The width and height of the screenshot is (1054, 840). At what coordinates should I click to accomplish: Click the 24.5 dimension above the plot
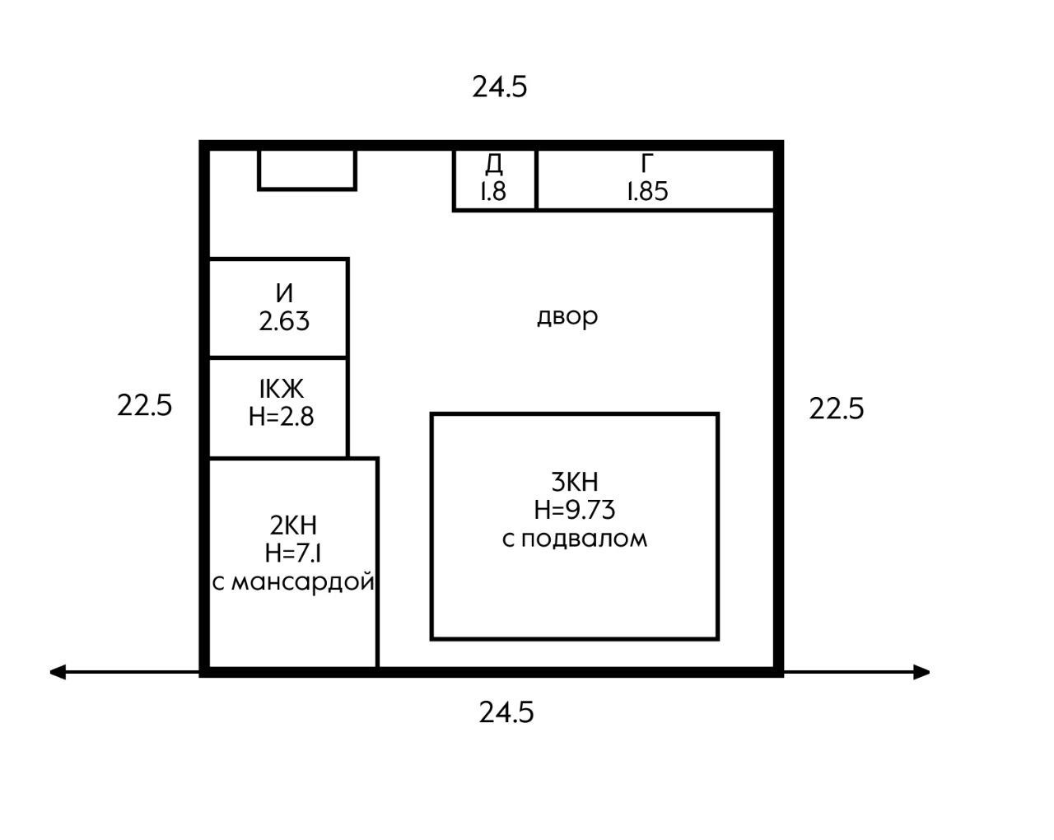coord(499,86)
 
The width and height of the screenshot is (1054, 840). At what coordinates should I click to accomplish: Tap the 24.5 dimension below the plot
coord(506,712)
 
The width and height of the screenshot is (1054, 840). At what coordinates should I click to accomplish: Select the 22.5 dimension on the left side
coord(145,405)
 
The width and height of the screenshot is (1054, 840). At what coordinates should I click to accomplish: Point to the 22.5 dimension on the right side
coord(837,408)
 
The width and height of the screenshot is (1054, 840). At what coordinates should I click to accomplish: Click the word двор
coord(567,316)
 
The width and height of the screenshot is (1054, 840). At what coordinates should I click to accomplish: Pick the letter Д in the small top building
coord(493,164)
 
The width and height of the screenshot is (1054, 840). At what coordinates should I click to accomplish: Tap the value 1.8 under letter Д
coord(493,192)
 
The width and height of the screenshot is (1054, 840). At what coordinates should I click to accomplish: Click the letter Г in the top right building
coord(648,163)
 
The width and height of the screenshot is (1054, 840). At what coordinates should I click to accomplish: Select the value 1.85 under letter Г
coord(648,192)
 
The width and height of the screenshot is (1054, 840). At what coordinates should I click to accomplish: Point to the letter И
coord(284,292)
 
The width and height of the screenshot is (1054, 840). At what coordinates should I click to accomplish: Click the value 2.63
coord(284,320)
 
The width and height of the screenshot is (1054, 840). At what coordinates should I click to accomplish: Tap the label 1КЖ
coord(282,388)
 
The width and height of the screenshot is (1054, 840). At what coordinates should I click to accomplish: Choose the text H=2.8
coord(282,416)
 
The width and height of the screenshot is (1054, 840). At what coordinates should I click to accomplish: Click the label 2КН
coord(293,525)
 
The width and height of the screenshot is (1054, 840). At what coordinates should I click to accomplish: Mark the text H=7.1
coord(293,553)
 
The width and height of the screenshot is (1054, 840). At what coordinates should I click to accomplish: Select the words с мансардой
coord(293,581)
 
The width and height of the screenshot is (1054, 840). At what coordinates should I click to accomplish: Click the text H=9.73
coord(575,510)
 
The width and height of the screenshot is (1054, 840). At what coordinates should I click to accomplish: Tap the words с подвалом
coord(575,539)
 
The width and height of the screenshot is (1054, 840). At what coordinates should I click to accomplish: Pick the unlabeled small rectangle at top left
coord(307,170)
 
